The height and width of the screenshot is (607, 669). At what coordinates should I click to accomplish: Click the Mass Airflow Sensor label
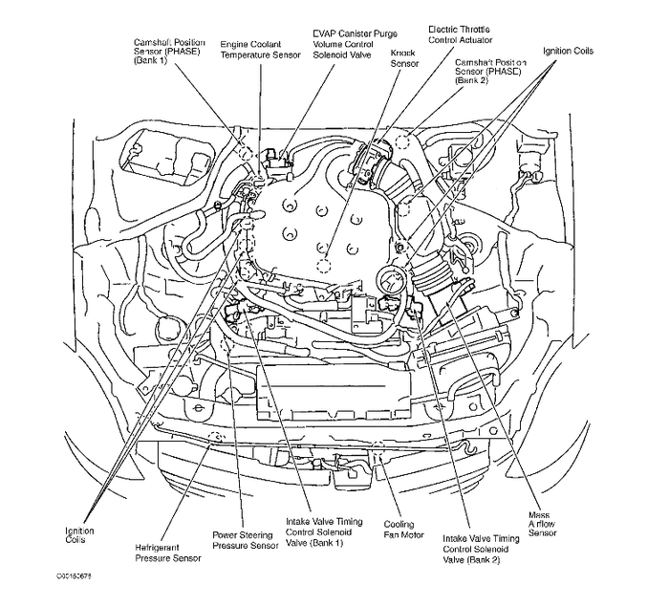pyautogui.click(x=544, y=527)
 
